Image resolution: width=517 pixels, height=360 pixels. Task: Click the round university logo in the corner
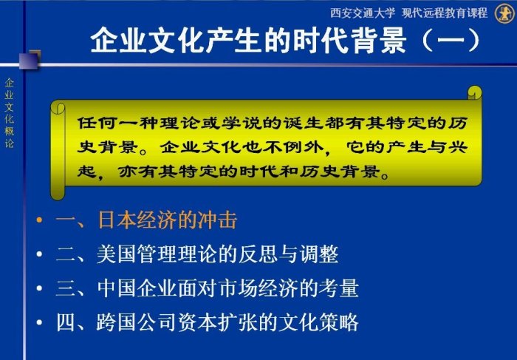(x=504, y=13)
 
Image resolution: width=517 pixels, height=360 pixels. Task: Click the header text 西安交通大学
(x=363, y=13)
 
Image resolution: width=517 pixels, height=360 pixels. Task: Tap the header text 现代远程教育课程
(x=445, y=13)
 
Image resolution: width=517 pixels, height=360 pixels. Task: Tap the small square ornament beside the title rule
(x=30, y=59)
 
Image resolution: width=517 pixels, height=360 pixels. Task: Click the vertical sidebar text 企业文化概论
(x=9, y=113)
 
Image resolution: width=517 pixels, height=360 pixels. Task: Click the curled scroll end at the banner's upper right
(x=474, y=92)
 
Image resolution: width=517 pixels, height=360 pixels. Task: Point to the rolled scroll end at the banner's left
(x=58, y=151)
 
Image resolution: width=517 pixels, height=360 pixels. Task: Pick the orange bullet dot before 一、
(x=40, y=220)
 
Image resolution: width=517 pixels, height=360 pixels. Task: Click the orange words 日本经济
(x=138, y=220)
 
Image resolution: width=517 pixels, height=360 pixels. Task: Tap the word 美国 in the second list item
(x=117, y=254)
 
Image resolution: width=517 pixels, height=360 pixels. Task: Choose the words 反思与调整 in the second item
(x=289, y=254)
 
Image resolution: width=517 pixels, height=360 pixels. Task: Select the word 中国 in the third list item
(x=117, y=288)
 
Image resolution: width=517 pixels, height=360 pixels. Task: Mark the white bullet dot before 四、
(x=40, y=322)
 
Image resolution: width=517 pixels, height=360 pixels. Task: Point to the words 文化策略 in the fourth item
(x=318, y=322)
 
